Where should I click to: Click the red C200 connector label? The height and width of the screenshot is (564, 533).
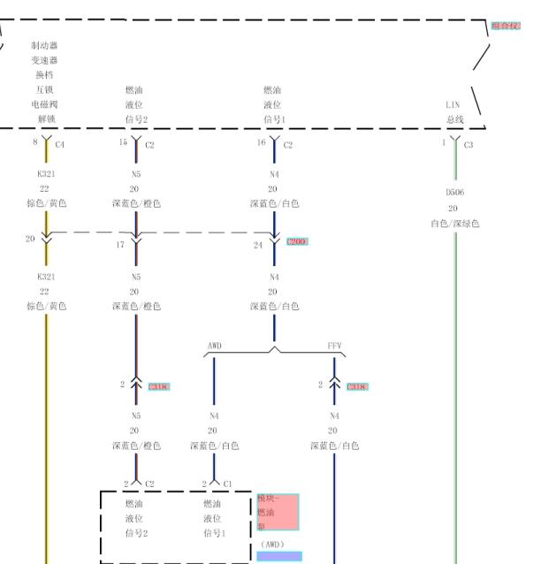click(297, 241)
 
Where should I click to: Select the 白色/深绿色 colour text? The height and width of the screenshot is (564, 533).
click(454, 224)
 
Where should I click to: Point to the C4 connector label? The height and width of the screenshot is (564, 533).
click(60, 143)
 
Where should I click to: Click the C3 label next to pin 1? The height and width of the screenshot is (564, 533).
click(468, 145)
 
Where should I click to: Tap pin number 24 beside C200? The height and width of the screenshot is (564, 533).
click(258, 245)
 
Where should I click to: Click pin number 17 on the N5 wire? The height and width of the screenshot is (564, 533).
click(120, 245)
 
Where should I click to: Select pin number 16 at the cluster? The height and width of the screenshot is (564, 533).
click(262, 141)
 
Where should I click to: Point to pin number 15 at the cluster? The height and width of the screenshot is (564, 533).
click(124, 141)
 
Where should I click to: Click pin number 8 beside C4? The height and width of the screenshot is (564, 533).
click(35, 141)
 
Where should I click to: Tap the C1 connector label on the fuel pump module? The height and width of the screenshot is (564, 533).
click(227, 484)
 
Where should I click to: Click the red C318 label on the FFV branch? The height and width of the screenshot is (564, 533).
click(356, 386)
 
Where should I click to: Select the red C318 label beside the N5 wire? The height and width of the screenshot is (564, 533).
click(158, 386)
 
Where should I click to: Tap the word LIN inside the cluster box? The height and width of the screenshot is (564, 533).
click(453, 104)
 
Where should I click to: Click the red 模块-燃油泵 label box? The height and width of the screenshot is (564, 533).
click(278, 512)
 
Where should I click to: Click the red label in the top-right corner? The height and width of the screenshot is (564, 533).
click(506, 26)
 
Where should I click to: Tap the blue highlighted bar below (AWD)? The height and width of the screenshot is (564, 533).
click(279, 556)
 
